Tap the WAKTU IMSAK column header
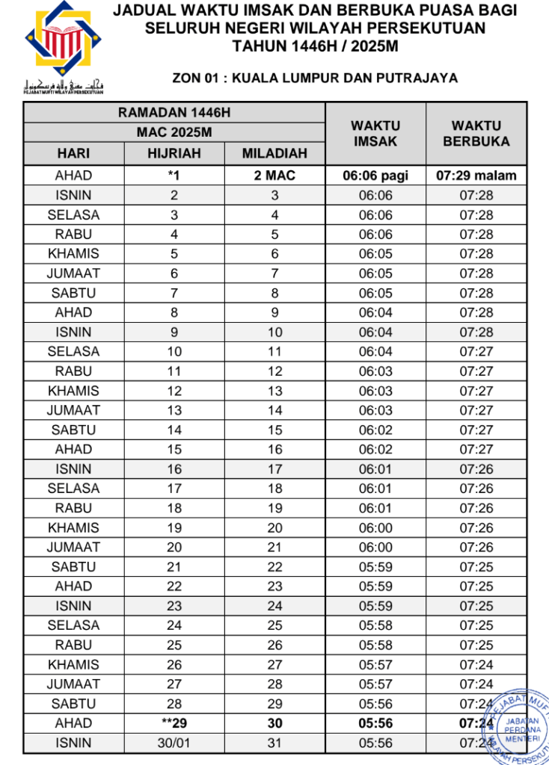tap(375, 134)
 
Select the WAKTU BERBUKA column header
tap(476, 134)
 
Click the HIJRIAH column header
tap(174, 154)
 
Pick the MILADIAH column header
tap(274, 154)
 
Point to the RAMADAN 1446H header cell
tap(174, 113)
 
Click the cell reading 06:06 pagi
tap(375, 176)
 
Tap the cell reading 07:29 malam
tap(476, 176)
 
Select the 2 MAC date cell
tap(274, 176)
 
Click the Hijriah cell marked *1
tap(174, 176)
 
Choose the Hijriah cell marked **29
tap(174, 723)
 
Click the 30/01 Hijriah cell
tap(174, 743)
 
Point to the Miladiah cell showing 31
tap(274, 743)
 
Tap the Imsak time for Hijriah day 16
tap(375, 469)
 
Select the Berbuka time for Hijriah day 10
tap(476, 352)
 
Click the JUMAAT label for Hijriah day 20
tap(73, 547)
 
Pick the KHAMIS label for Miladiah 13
tap(73, 391)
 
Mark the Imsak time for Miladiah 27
tap(375, 664)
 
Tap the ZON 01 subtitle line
tap(315, 78)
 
